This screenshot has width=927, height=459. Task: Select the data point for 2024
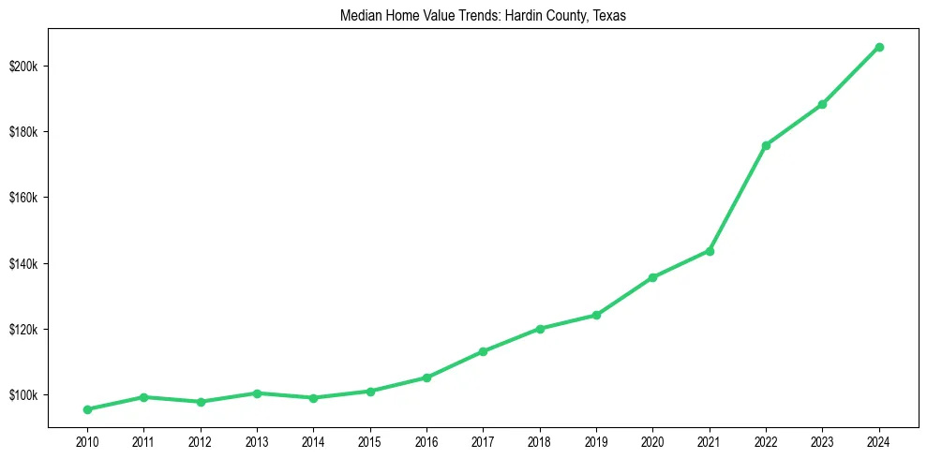click(879, 47)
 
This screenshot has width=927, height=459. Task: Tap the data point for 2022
click(766, 145)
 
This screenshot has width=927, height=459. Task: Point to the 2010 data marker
click(87, 409)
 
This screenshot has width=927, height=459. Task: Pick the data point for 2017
click(483, 351)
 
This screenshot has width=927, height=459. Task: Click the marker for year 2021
click(710, 251)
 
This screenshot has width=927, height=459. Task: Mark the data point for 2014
click(313, 398)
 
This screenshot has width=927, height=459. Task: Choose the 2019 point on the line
click(596, 315)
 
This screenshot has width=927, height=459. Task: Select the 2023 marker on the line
click(822, 104)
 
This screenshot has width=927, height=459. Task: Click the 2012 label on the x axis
click(200, 439)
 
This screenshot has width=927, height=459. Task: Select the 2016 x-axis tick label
click(426, 439)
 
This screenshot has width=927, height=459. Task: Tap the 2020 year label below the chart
click(652, 439)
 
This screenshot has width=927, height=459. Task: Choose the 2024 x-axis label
click(879, 439)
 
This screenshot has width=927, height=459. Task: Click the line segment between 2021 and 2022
click(738, 199)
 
